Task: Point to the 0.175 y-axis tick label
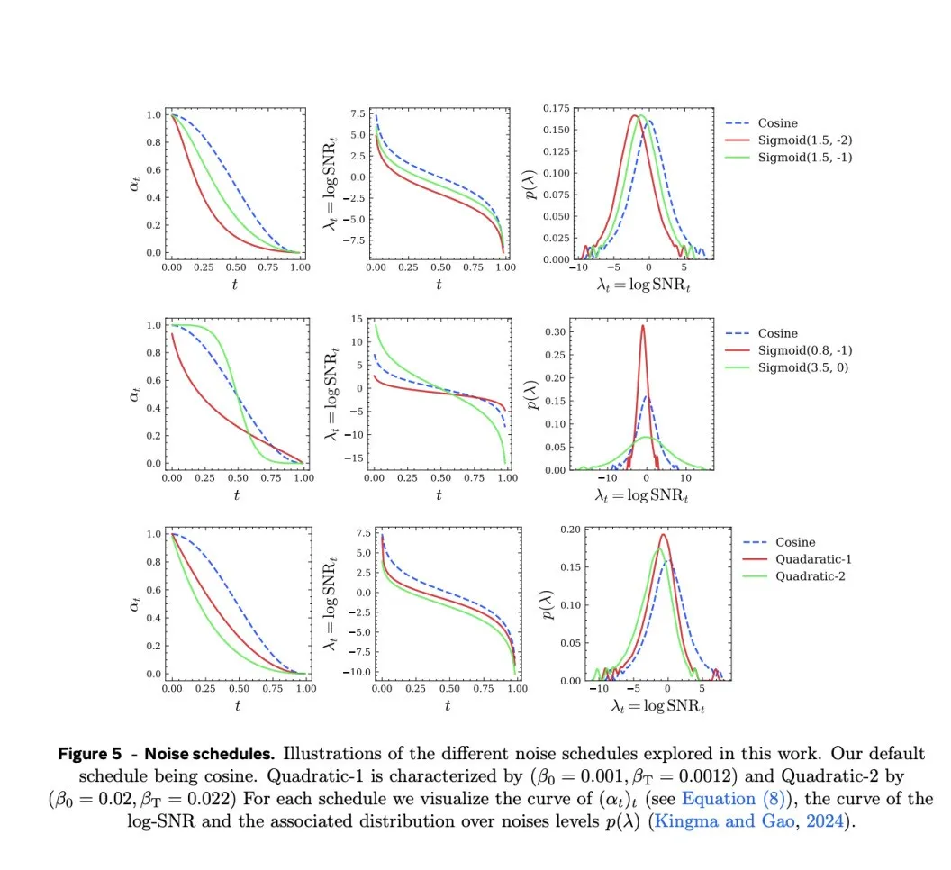click(x=556, y=109)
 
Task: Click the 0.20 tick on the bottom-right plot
click(x=569, y=529)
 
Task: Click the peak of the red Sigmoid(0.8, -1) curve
click(x=643, y=326)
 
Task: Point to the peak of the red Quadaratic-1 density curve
click(x=664, y=535)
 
